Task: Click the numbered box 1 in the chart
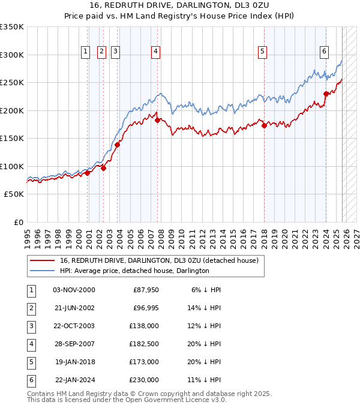[86, 52]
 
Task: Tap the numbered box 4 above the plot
[155, 52]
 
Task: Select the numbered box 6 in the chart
[324, 52]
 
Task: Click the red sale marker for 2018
[264, 125]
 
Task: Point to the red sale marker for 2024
[326, 94]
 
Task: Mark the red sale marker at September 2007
[157, 120]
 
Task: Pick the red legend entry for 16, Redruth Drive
[158, 261]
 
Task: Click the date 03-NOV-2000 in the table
[74, 290]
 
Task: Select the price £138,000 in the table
[145, 326]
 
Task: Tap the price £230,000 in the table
[145, 380]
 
